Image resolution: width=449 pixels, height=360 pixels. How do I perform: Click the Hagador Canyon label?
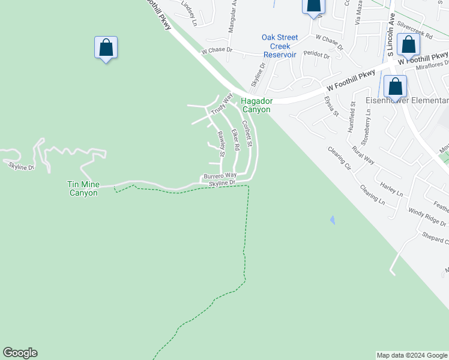pos(256,106)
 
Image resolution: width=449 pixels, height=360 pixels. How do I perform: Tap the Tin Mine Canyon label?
pos(83,189)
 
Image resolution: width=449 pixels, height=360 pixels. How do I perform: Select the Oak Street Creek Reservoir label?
pos(280,46)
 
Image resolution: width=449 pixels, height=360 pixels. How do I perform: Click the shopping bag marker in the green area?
pos(106,48)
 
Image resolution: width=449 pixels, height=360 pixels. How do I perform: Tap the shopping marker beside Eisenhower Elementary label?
pos(396,86)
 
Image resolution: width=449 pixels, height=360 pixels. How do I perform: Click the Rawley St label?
pos(221,143)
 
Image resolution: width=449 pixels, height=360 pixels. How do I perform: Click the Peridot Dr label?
pos(316,54)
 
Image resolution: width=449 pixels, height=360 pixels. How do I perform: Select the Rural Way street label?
pos(363,155)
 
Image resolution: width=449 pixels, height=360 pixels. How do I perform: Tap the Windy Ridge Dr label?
pos(427,217)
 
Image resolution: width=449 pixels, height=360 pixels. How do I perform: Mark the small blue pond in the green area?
pos(332,220)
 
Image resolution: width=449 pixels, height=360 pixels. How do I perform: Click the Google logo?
pos(20,353)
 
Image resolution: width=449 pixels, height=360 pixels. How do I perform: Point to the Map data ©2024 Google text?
pos(412,355)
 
